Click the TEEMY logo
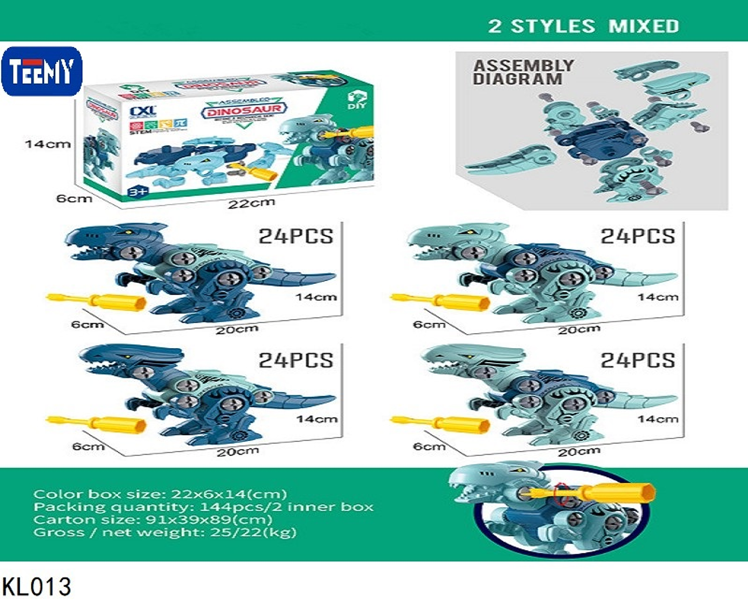42,71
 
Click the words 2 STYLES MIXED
583,26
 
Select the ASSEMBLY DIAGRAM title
523,72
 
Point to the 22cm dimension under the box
251,203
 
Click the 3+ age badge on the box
138,191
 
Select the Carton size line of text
153,520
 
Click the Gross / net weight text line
165,532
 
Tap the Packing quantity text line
203,507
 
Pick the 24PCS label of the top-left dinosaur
296,236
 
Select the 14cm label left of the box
48,144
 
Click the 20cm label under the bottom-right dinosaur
579,452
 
